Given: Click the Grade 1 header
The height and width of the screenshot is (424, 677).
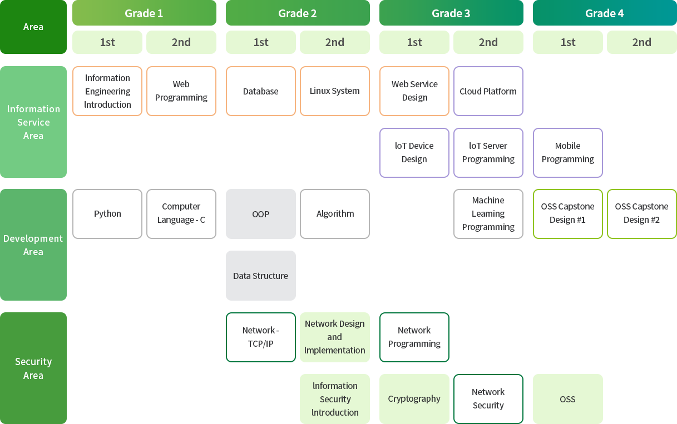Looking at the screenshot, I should click(x=144, y=13).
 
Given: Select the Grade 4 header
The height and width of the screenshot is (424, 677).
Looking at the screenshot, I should click(x=604, y=13).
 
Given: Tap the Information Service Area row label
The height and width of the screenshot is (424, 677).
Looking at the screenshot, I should click(x=33, y=122).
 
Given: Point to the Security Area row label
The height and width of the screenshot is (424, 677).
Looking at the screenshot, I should click(x=33, y=368).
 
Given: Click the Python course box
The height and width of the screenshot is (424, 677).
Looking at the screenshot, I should click(x=107, y=214).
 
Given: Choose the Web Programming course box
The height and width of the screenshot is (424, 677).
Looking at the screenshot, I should click(x=181, y=91).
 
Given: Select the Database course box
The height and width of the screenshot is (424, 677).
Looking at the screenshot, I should click(x=260, y=91).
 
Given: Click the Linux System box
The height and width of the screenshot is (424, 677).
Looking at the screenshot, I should click(x=335, y=91).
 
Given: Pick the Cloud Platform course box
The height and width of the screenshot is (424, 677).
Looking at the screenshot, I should click(x=488, y=91).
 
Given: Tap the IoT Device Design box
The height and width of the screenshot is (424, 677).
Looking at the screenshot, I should click(x=414, y=153).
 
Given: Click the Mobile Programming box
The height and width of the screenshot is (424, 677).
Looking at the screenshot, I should click(x=567, y=153).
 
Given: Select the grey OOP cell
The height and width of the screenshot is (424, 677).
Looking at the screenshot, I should click(x=260, y=214).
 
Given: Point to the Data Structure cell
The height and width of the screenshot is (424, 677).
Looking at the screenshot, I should click(x=260, y=276).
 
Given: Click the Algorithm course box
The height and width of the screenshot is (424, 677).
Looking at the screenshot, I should click(x=335, y=214).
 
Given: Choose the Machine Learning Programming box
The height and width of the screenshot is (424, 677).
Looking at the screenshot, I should click(x=488, y=214).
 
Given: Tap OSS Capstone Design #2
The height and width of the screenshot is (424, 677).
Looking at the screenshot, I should click(x=641, y=214).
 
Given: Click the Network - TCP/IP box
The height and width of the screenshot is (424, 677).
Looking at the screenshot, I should click(x=260, y=337).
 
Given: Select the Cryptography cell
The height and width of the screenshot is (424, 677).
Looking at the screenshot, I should click(x=414, y=399).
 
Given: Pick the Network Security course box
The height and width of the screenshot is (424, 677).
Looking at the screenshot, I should click(x=488, y=399).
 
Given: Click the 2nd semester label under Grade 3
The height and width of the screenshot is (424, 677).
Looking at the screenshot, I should click(x=488, y=42).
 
